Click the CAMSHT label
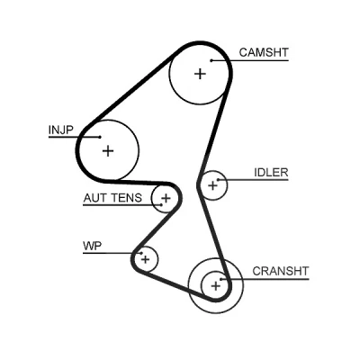tap(264, 52)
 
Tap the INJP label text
tap(60, 130)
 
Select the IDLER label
tap(271, 172)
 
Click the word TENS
tap(126, 198)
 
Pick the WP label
tap(93, 246)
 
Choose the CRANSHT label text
tap(281, 271)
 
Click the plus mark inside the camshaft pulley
tap(200, 74)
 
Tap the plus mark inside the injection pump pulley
tap(108, 151)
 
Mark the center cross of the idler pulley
tap(212, 185)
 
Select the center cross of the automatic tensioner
tap(166, 198)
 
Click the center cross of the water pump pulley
tap(146, 259)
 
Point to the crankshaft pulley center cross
tap(215, 286)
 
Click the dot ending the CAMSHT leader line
tap(211, 60)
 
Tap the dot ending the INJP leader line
tap(100, 137)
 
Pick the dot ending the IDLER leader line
tap(218, 180)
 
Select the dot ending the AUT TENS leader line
tap(161, 205)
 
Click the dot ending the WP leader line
tap(140, 253)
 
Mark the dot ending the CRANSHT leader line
tap(220, 279)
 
